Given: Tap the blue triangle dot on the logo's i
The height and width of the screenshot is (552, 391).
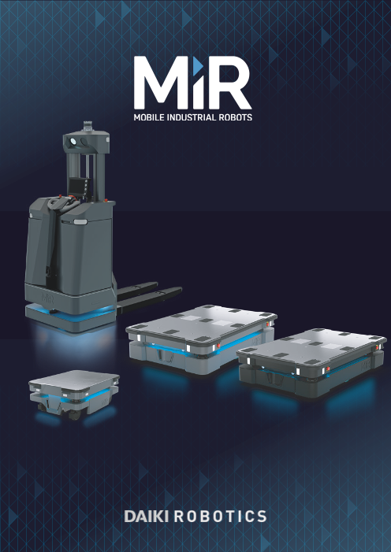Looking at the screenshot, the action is [198, 64].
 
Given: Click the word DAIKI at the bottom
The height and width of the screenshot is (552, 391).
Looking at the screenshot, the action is [147, 517].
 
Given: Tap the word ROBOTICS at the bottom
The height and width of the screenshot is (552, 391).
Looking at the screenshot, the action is [221, 517].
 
